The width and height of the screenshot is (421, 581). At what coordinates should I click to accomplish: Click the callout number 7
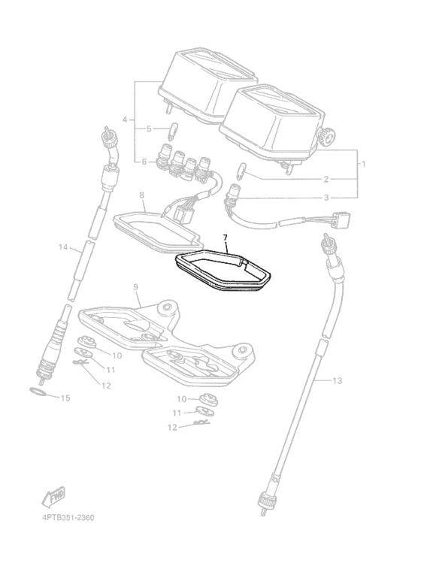click(x=225, y=238)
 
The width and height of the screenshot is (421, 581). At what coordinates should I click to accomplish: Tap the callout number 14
click(x=63, y=247)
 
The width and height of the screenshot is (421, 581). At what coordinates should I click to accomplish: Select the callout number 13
click(x=337, y=380)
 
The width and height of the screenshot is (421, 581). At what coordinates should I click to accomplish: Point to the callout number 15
click(x=65, y=398)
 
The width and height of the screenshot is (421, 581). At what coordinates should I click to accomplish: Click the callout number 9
click(x=135, y=287)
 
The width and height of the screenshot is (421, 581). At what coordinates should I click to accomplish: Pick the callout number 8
click(x=142, y=195)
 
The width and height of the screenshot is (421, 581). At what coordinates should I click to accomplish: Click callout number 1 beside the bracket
click(x=364, y=163)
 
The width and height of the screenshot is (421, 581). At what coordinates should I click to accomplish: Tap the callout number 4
click(x=125, y=120)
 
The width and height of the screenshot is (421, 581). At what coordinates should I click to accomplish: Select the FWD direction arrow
click(x=53, y=497)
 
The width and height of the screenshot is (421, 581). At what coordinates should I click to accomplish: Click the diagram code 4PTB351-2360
click(x=68, y=518)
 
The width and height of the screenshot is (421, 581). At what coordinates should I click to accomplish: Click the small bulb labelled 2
click(x=240, y=171)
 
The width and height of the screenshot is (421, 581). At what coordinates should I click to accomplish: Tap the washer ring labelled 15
click(x=38, y=392)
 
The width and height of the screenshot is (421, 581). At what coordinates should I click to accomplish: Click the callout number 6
click(x=144, y=162)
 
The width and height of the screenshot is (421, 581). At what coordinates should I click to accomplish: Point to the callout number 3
click(x=326, y=198)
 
